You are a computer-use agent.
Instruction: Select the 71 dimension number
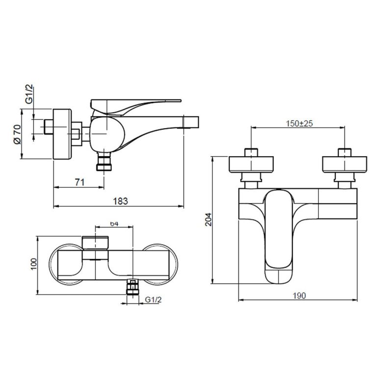(x=80, y=182)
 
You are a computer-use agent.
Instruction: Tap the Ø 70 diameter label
(x=17, y=134)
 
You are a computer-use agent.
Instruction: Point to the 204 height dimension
(x=208, y=219)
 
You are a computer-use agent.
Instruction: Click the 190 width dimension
(x=299, y=296)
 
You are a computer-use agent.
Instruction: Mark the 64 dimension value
(x=113, y=223)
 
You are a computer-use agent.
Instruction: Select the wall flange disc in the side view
(x=62, y=133)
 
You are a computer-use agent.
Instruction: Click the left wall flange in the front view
(x=250, y=164)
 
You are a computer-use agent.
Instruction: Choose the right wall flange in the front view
(x=345, y=164)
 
